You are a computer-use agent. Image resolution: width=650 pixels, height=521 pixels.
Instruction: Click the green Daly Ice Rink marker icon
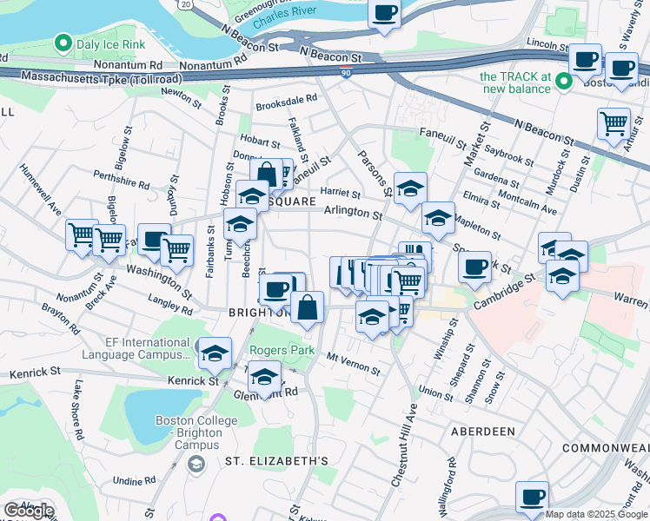pyautogui.click(x=63, y=42)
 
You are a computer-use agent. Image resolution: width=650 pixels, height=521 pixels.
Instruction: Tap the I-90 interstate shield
pyautogui.click(x=347, y=76)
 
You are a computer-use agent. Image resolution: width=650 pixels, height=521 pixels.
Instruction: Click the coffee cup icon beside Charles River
pyautogui.click(x=383, y=14)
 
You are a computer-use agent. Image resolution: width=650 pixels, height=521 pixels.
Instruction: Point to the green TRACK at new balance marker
pyautogui.click(x=563, y=82)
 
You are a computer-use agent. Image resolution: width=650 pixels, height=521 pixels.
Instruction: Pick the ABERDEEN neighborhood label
pyautogui.click(x=483, y=431)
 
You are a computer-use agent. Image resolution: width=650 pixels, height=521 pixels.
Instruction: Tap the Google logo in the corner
pyautogui.click(x=28, y=511)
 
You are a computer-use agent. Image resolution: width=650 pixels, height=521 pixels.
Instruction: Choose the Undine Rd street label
pyautogui.click(x=134, y=479)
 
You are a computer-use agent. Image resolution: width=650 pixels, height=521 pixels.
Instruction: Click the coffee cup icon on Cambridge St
pyautogui.click(x=474, y=267)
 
